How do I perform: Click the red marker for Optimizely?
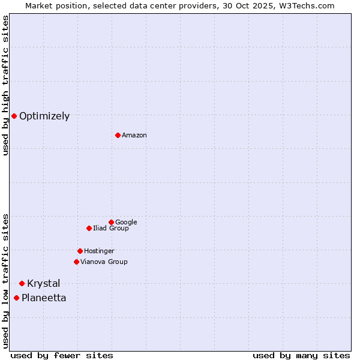(x=14, y=116)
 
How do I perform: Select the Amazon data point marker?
(x=118, y=135)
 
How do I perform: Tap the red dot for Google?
(x=111, y=222)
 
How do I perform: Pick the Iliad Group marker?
(x=89, y=228)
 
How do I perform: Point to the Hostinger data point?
(x=80, y=251)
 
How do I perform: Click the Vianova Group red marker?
(x=76, y=262)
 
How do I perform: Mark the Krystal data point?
(x=22, y=283)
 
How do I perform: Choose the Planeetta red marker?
(x=16, y=298)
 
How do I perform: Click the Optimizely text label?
(x=44, y=116)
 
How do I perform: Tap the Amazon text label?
(x=134, y=136)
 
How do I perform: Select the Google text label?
(x=126, y=223)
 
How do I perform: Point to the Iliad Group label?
(x=111, y=229)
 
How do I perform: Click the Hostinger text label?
(x=99, y=251)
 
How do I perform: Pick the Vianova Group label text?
(x=104, y=262)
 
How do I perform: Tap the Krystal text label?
(x=44, y=284)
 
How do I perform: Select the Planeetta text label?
(x=44, y=298)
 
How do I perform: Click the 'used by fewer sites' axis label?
(x=62, y=355)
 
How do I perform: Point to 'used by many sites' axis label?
(x=301, y=355)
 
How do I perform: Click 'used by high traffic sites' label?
(x=6, y=85)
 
